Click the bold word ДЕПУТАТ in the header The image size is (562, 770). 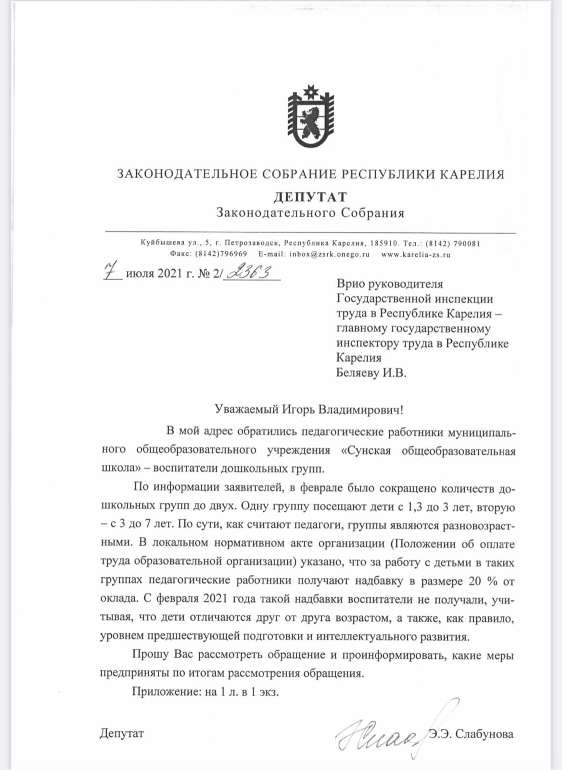tap(310, 197)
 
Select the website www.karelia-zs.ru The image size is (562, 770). tap(416, 254)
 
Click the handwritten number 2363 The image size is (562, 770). tap(251, 273)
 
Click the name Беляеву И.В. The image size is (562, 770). tap(370, 373)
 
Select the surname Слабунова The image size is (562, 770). tap(484, 734)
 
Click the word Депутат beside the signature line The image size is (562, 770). tap(122, 734)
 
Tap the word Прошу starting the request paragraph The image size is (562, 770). tap(150, 655)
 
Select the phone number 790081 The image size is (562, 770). tap(465, 244)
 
